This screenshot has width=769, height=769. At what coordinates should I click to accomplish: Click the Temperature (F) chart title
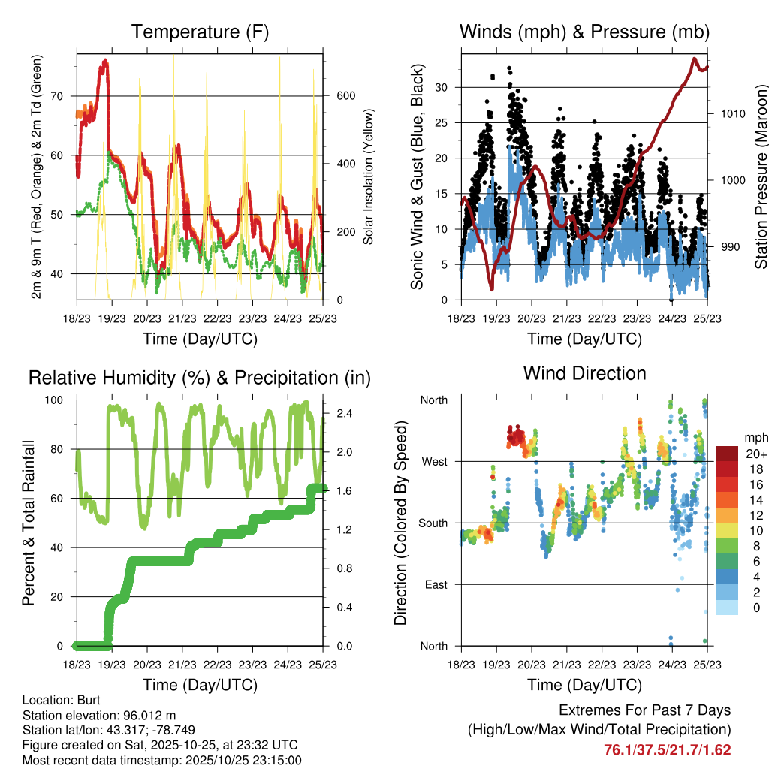(x=200, y=32)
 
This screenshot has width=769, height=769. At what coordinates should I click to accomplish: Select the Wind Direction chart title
(x=584, y=372)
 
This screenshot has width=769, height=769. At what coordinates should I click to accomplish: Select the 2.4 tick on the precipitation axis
(x=342, y=413)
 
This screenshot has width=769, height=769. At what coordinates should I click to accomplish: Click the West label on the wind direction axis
(x=433, y=461)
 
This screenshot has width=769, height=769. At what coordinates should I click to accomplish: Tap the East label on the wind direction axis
(x=434, y=584)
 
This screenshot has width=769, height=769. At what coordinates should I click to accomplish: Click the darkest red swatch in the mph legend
(x=727, y=454)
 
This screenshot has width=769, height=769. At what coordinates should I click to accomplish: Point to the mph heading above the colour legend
(x=755, y=437)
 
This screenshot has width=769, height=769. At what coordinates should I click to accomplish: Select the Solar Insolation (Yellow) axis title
(x=369, y=176)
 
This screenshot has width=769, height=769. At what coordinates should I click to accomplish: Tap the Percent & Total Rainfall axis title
(x=29, y=522)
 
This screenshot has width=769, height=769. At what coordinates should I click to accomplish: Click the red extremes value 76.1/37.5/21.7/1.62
(x=668, y=749)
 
